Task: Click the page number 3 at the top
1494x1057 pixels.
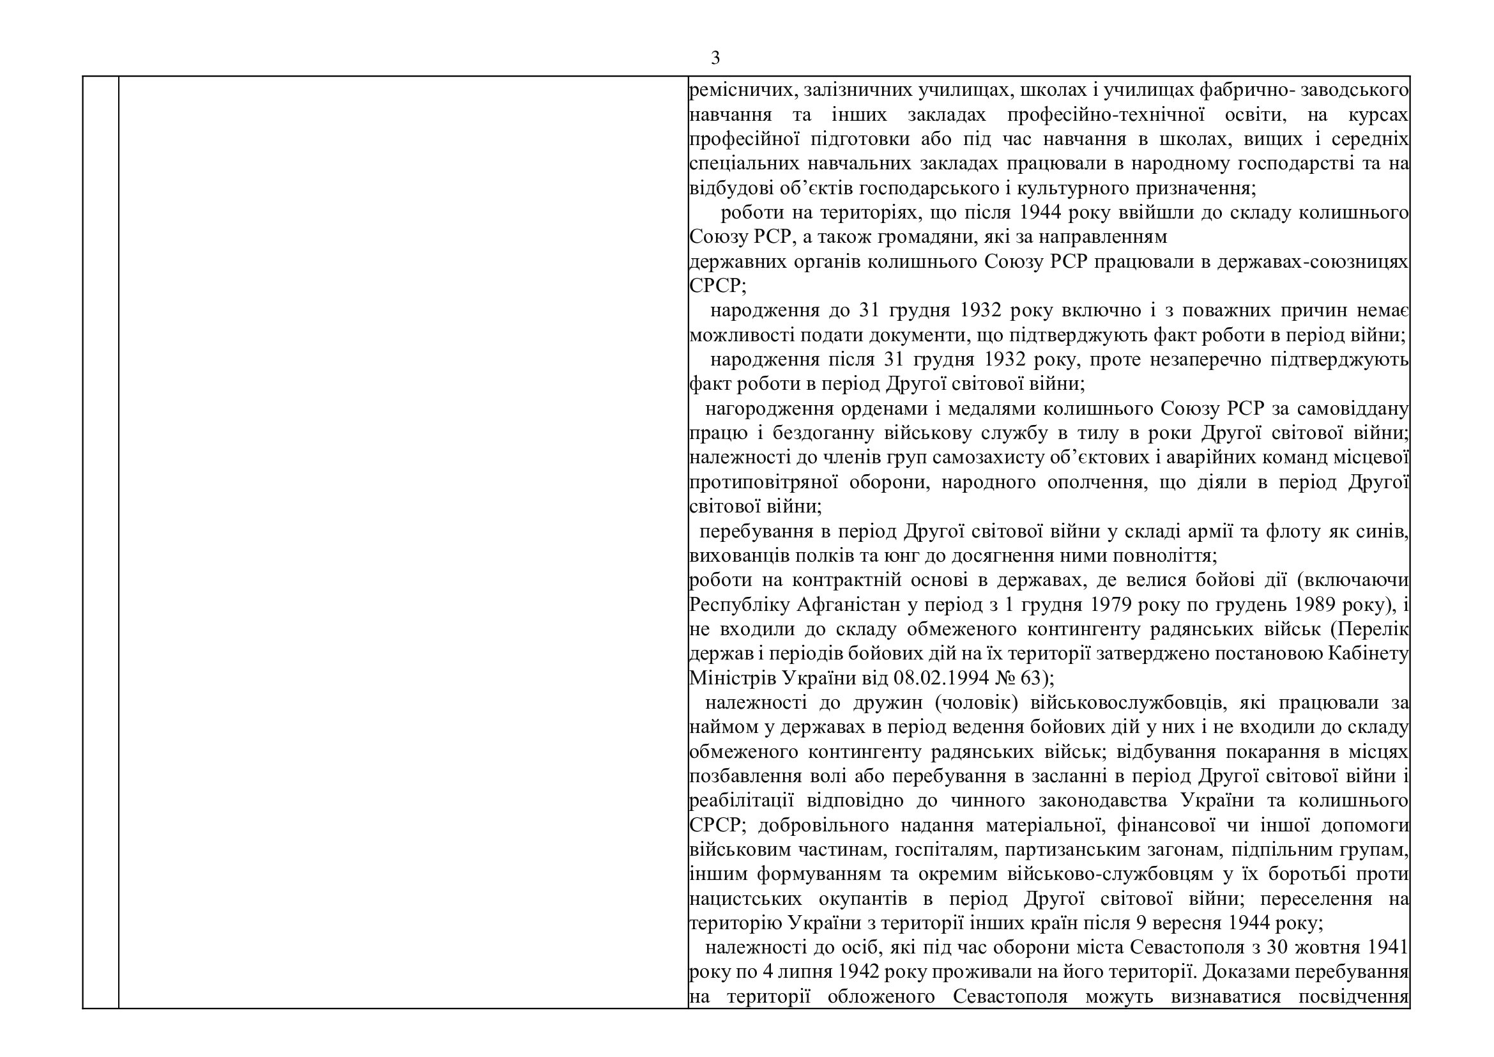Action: (715, 59)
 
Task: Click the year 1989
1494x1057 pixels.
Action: (1314, 605)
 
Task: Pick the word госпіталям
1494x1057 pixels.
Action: (947, 850)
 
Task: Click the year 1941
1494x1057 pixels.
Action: (1386, 948)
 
